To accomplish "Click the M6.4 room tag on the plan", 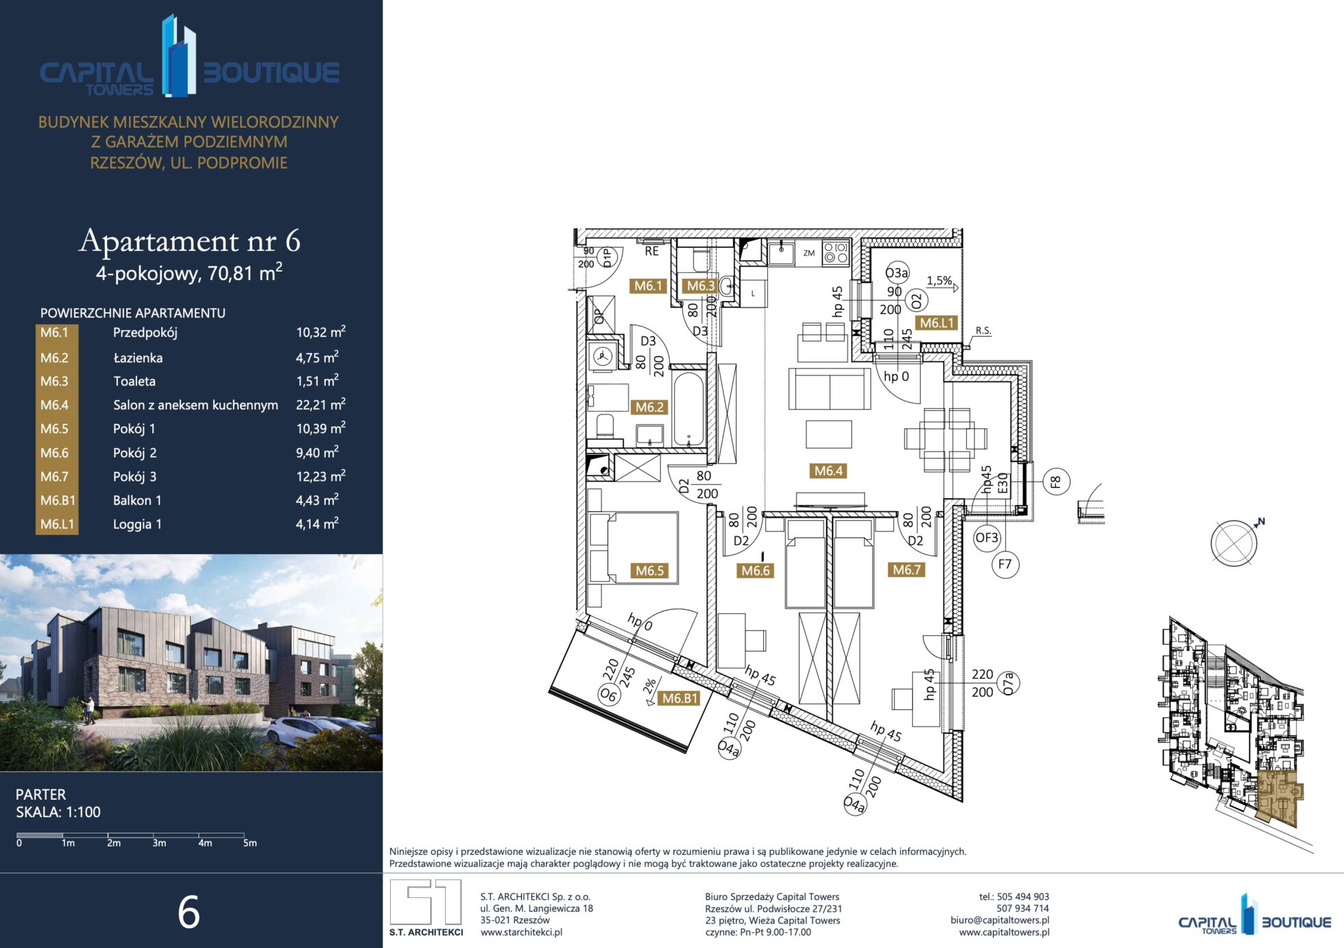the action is (x=828, y=471).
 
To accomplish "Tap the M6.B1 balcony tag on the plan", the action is (x=680, y=698).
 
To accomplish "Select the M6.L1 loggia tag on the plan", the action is (x=937, y=323).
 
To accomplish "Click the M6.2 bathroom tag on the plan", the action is (x=649, y=407).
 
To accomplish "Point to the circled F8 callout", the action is (x=1056, y=482).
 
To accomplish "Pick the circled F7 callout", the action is (x=1005, y=565).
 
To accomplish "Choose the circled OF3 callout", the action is (x=987, y=538).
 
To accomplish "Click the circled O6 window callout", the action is (x=609, y=695).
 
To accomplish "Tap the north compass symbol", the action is (x=1236, y=542).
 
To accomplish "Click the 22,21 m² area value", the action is (x=320, y=404).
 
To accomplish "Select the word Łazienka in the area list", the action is (x=138, y=357).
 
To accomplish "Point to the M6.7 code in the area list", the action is (x=54, y=477).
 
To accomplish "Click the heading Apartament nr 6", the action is (x=189, y=240).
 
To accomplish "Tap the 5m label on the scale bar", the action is (x=250, y=843).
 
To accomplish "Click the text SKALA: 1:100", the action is (x=58, y=812).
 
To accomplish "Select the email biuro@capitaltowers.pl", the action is (x=1000, y=920).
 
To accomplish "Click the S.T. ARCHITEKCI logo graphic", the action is (x=426, y=902).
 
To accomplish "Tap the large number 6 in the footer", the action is (x=189, y=912).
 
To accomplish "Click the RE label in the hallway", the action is (x=651, y=252).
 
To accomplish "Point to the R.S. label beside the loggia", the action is (x=983, y=331).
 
